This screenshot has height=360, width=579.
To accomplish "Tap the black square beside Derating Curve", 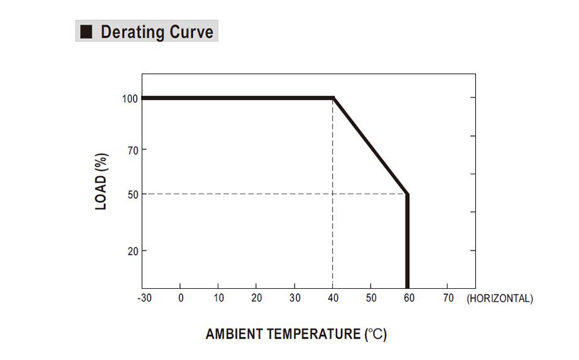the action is coord(86,31).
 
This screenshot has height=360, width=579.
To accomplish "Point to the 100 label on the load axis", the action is coord(130,99).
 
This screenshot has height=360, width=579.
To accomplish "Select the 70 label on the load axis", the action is coord(133,150).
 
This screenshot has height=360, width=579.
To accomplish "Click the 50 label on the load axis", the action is coord(133,194).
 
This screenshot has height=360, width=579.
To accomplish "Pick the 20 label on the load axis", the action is coord(133,252).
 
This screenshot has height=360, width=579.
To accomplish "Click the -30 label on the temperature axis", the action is coord(144,298).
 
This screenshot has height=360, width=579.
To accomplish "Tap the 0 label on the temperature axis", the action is coord(181,298).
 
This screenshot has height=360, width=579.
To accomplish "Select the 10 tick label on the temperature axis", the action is coord(218,298).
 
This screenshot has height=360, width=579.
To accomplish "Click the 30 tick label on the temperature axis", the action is coord(295,298).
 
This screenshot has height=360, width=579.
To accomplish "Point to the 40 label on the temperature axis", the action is coord(333,298).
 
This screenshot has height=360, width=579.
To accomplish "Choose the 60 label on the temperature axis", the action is coord(409,298).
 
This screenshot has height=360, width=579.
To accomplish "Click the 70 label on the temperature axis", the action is coord(448,298).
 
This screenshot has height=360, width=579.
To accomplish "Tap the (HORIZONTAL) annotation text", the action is coord(500,298).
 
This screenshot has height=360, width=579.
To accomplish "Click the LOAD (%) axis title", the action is coord(101,181).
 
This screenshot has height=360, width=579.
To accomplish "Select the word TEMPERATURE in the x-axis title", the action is coord(313,334).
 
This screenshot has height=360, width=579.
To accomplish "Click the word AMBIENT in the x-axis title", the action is coord(233,334).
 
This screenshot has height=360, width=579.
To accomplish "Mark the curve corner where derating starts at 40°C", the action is coord(333,98).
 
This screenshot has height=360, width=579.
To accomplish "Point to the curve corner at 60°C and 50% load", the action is coord(407,194).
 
